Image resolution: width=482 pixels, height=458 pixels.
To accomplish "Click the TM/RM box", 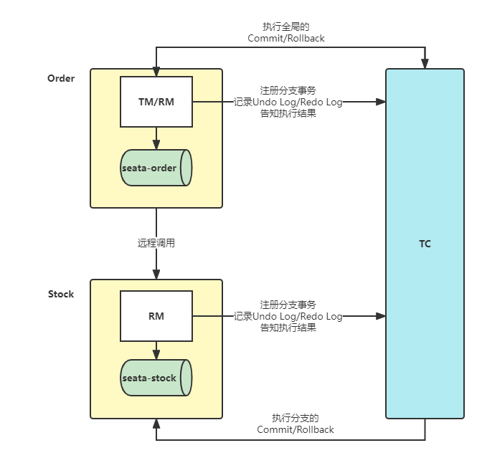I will [156, 102].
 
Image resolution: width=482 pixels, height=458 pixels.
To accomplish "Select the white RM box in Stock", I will [156, 315].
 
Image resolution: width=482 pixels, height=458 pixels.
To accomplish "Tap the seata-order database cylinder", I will [156, 168].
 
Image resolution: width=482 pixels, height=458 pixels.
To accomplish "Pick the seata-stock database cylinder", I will [156, 378].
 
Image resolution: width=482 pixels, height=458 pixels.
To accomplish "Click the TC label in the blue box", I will [425, 244].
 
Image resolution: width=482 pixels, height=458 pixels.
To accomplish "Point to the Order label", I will [61, 78].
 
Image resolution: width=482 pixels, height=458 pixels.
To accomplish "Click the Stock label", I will [61, 294].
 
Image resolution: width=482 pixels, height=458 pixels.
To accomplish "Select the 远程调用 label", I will [156, 243].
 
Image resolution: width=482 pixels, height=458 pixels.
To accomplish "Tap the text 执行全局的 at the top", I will [285, 27].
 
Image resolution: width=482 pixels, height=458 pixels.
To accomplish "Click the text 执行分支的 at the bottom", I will [295, 419].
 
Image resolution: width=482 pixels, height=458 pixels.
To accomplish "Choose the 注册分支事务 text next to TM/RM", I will [288, 91].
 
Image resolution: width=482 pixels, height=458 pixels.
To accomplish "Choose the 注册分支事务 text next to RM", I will [288, 305].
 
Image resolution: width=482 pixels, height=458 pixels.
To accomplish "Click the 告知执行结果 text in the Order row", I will [288, 113].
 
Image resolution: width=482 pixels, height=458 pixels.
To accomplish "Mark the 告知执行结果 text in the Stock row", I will [288, 328].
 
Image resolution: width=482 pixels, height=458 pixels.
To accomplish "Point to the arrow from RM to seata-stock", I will [156, 349].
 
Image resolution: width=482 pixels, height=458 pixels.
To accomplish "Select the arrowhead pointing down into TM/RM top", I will [156, 72].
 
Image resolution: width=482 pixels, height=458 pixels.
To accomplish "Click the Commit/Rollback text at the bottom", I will [295, 429].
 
